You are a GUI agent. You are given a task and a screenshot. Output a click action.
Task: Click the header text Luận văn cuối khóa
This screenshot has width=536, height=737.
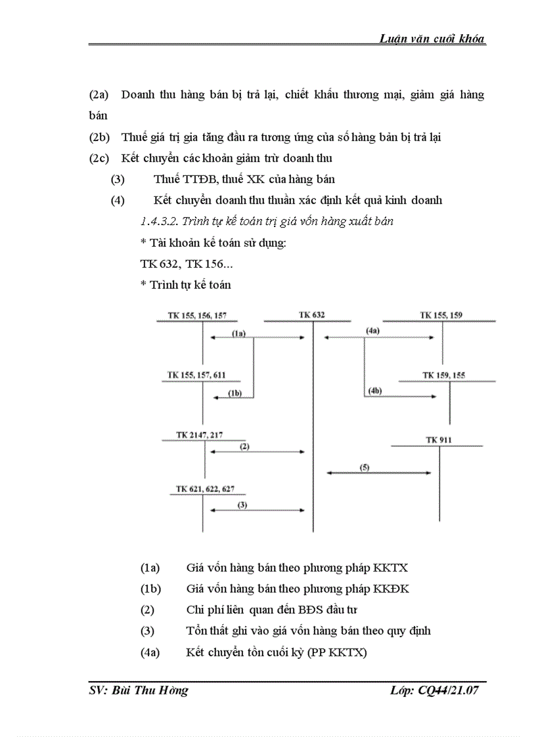point(432,39)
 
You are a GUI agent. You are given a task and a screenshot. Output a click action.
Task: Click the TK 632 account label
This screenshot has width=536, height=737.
point(311,315)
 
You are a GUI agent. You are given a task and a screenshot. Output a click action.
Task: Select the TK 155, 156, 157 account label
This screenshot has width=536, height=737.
point(197,316)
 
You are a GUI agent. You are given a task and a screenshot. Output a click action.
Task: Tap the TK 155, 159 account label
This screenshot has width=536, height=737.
point(441,315)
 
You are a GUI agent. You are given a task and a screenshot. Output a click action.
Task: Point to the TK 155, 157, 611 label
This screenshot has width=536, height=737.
point(196,375)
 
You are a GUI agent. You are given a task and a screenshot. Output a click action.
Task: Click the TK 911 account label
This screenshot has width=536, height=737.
point(438,440)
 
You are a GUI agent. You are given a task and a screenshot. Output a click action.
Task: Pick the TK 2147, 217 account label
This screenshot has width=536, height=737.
point(200,434)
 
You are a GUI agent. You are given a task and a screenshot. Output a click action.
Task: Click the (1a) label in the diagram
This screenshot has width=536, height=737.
point(238,333)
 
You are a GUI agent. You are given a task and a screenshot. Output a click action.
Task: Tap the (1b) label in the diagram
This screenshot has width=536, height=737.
point(234,392)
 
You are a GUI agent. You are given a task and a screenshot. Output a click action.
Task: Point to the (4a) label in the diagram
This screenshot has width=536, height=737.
point(372,331)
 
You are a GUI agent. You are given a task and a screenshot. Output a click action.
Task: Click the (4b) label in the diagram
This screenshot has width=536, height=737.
point(375,391)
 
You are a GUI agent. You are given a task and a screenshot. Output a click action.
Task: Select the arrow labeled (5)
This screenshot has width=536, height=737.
point(379,472)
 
